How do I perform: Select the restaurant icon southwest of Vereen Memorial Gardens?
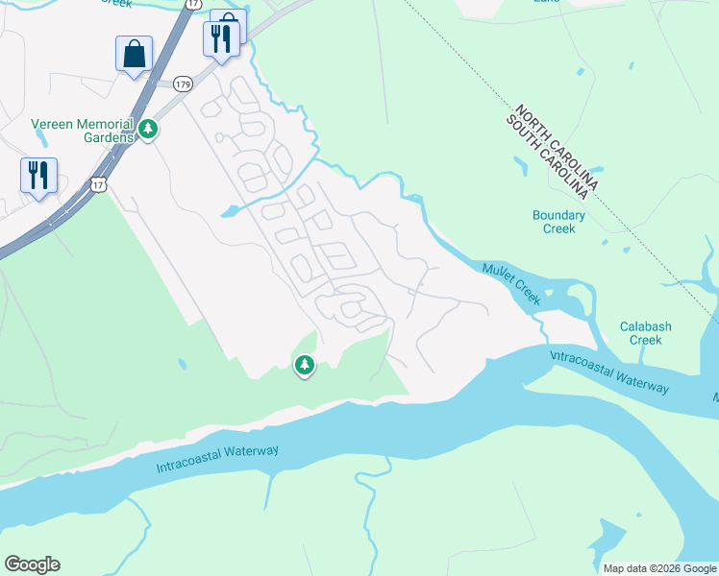[x=38, y=176]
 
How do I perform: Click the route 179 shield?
[x=184, y=84]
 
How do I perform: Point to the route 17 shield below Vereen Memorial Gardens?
[x=98, y=182]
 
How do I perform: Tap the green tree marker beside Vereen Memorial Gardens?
[x=148, y=129]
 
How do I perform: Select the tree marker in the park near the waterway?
[x=305, y=365]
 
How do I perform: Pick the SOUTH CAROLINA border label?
[x=545, y=156]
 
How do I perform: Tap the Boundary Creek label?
[x=558, y=222]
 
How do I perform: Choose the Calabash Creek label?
[x=645, y=333]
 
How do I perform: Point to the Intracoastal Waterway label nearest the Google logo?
[x=217, y=459]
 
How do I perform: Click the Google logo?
[x=32, y=564]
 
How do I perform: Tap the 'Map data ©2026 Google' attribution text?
[x=658, y=568]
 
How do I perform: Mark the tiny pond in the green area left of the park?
[x=181, y=365]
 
